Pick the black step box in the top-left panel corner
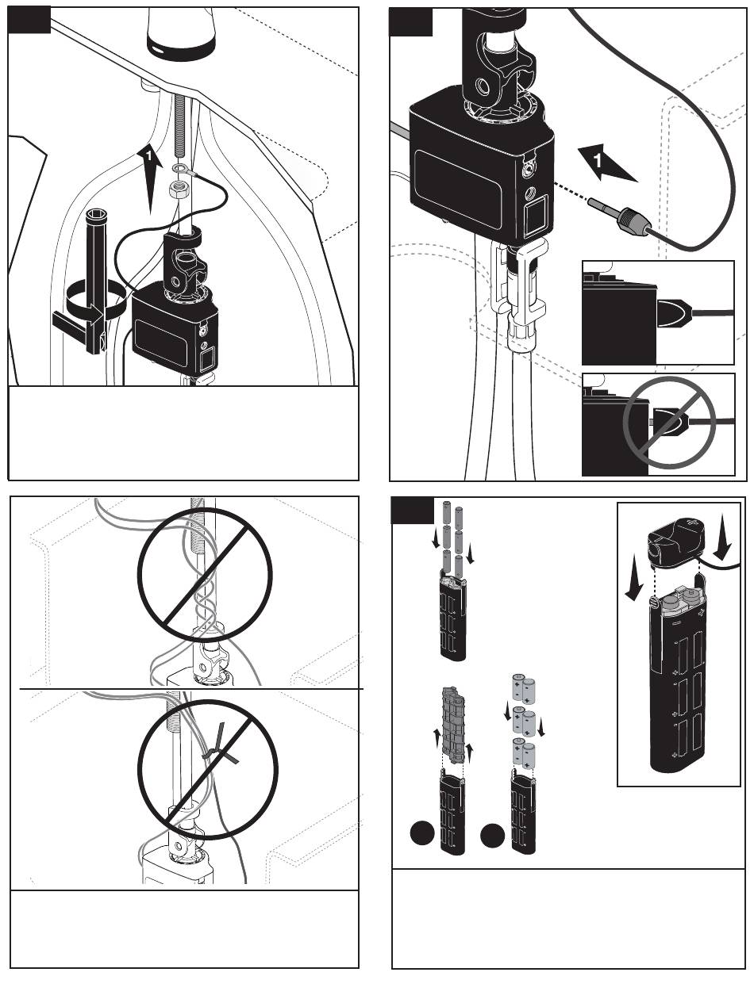coord(29,19)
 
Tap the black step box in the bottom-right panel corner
coord(413,512)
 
